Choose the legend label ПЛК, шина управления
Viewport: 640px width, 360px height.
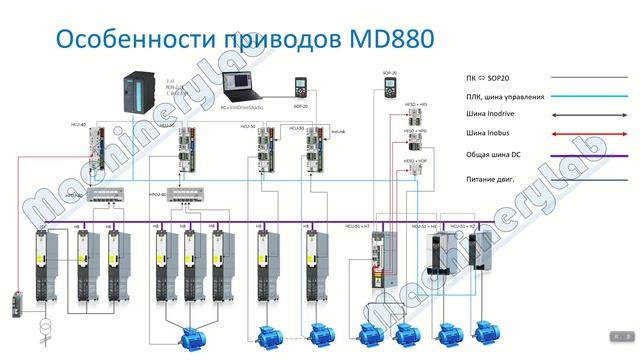tap(505, 97)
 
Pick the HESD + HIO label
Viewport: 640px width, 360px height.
tap(415, 103)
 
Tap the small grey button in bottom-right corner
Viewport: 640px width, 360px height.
tap(617, 334)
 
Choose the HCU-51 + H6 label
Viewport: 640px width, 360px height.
tap(425, 227)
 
